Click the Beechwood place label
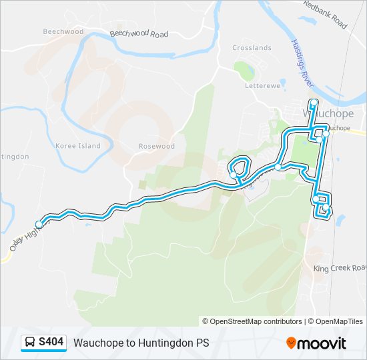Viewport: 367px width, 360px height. [63, 31]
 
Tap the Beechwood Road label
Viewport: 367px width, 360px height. [139, 33]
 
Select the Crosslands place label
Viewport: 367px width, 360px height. [252, 48]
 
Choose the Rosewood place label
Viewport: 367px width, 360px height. [156, 146]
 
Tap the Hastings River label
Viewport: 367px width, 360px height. [302, 61]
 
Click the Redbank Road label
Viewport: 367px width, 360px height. [325, 14]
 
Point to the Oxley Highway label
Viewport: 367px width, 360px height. [22, 239]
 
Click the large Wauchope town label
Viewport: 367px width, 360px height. [328, 113]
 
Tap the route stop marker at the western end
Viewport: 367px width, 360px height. [39, 224]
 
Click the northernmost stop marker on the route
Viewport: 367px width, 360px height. [313, 102]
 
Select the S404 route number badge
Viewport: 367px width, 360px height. [51, 343]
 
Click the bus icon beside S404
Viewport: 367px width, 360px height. [31, 343]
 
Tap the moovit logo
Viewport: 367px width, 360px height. [316, 343]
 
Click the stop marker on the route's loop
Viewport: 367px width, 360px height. [233, 175]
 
